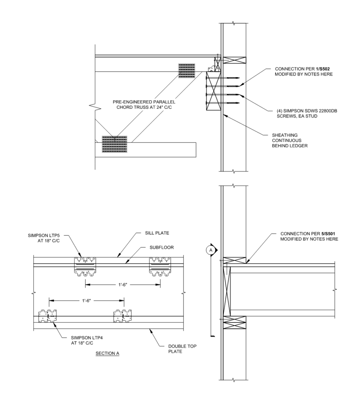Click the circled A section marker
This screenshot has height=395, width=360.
(x=211, y=250)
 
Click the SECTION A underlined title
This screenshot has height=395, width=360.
(x=107, y=353)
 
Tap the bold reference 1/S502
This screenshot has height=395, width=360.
(x=323, y=69)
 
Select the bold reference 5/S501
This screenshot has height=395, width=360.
(x=328, y=234)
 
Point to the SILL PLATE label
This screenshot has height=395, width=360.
(x=157, y=233)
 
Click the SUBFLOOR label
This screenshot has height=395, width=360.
(x=161, y=247)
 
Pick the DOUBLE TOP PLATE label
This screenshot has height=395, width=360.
(x=182, y=349)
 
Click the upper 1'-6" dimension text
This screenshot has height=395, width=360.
(x=123, y=285)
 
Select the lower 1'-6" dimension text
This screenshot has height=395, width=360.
(x=86, y=300)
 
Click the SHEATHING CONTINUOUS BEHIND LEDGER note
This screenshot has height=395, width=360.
(x=290, y=140)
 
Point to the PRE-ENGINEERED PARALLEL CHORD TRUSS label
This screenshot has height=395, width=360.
(x=144, y=105)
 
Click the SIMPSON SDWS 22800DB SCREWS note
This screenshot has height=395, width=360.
(x=307, y=113)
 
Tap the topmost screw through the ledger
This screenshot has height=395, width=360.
(x=222, y=78)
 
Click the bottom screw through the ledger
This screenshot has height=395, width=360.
(x=222, y=103)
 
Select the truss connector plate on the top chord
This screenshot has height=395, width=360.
(x=187, y=71)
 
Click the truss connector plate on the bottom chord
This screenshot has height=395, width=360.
(x=114, y=144)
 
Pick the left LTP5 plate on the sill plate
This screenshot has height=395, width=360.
(x=85, y=267)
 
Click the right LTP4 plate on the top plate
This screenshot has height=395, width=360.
(x=122, y=316)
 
